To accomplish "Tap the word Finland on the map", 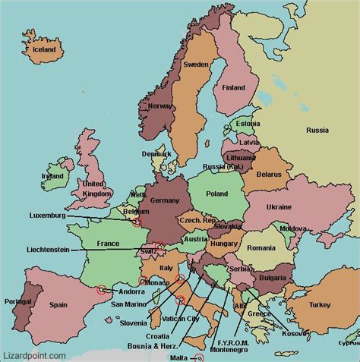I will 234,87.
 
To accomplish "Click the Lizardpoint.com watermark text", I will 30,353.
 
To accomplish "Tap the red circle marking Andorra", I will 101,289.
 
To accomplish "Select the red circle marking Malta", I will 200,357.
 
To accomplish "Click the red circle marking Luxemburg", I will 137,222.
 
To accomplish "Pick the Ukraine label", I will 279,206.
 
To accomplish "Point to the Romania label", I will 261,247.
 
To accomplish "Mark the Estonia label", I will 248,124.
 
